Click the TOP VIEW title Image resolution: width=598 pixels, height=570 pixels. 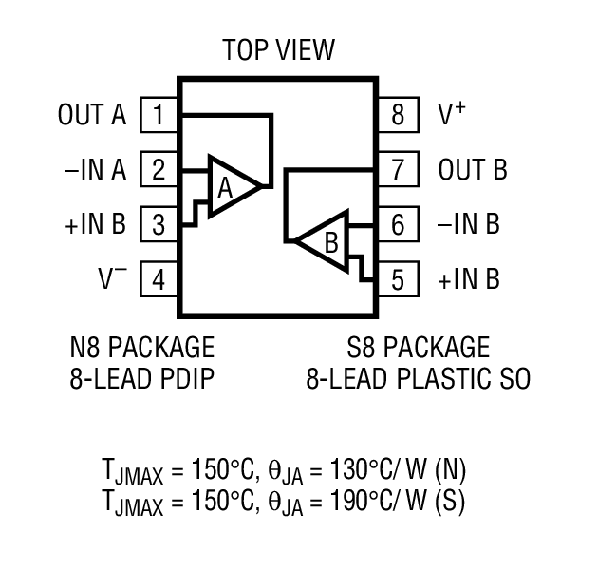pos(278,49)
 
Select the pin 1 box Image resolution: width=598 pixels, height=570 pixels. pos(159,116)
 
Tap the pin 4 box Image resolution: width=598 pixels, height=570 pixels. pos(159,281)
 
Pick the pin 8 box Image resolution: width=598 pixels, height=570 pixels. pos(398,116)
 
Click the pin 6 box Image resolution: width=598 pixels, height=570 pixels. pos(398,226)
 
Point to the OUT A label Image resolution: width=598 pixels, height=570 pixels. pos(92,116)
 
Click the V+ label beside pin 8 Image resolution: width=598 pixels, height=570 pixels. pos(452,115)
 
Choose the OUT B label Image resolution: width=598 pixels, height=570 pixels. pos(473,171)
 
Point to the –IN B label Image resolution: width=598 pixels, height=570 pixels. pos(469,226)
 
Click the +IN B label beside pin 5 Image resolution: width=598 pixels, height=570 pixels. pos(469,281)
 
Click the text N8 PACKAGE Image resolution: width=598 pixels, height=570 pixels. pos(142,346)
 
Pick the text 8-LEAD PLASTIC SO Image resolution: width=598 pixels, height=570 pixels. pos(418,378)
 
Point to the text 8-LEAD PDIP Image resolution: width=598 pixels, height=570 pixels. pos(142,378)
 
